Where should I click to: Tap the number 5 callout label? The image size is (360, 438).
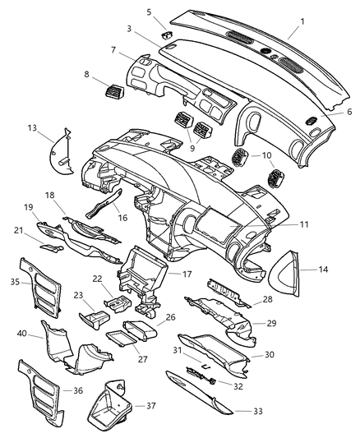click(x=149, y=12)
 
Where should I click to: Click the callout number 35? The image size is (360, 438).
click(x=15, y=282)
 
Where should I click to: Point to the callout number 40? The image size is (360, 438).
click(x=22, y=333)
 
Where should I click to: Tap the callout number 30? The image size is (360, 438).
click(x=270, y=356)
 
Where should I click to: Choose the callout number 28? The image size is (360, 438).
click(x=266, y=301)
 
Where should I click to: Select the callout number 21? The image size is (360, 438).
click(x=16, y=231)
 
